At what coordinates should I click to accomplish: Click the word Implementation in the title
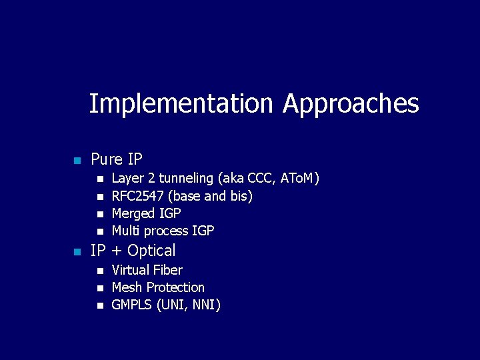click(x=181, y=104)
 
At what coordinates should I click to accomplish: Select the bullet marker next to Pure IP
click(x=77, y=161)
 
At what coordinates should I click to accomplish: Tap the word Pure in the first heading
click(x=107, y=160)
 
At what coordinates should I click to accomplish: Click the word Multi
click(x=125, y=231)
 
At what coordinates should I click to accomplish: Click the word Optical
click(x=151, y=251)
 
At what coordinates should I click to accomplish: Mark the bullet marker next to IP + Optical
click(x=77, y=252)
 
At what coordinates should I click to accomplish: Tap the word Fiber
click(x=167, y=270)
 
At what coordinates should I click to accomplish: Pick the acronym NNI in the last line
click(x=204, y=305)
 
